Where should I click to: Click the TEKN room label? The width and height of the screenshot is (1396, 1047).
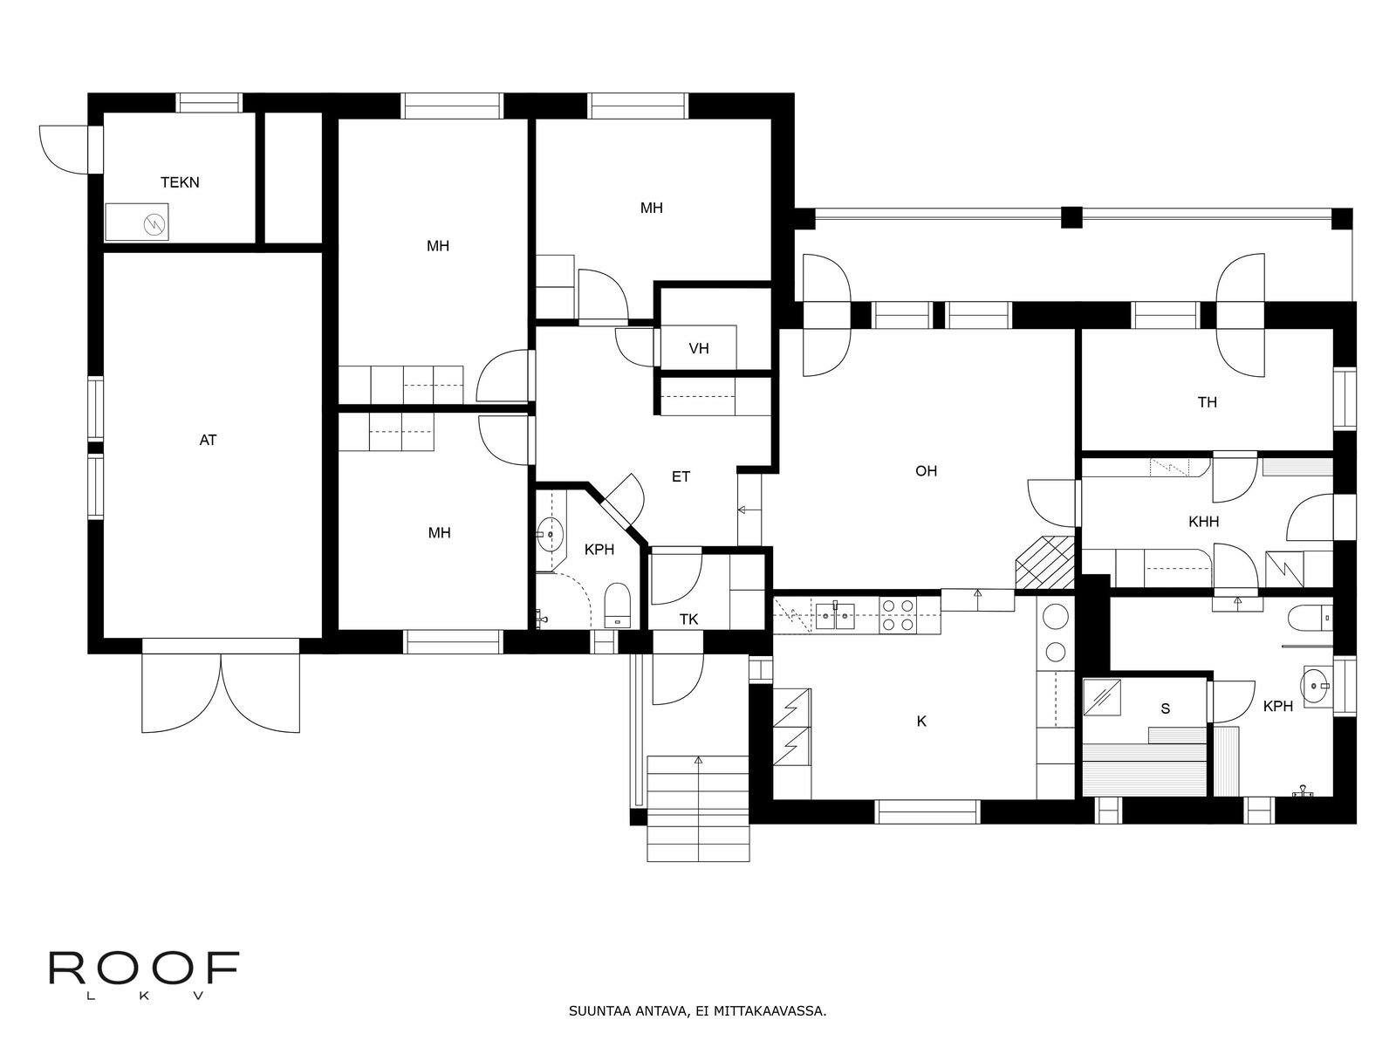[180, 182]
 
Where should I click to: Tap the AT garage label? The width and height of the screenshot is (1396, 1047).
[208, 441]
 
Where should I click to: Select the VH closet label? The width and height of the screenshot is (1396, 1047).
[698, 349]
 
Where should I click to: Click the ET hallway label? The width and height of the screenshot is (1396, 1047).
[681, 477]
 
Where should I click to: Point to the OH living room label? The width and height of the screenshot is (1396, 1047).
[926, 471]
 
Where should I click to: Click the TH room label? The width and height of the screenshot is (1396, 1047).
[1207, 402]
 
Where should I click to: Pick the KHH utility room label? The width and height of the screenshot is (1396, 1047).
[1203, 522]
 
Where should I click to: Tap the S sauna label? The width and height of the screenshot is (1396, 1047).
[1165, 709]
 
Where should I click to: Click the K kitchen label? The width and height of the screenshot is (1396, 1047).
[921, 722]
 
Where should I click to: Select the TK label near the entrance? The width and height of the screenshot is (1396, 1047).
[688, 619]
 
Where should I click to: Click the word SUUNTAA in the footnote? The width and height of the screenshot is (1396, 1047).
[593, 1013]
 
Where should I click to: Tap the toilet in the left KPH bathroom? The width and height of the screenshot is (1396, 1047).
[617, 605]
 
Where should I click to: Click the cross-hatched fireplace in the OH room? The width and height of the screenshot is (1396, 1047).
[1044, 563]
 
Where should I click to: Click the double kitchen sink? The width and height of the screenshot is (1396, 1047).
[835, 614]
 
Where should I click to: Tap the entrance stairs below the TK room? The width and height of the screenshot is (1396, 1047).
[698, 807]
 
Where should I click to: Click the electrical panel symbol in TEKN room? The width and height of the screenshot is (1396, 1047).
[153, 223]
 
